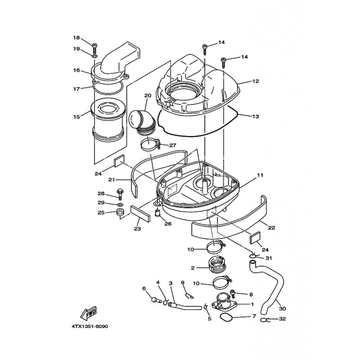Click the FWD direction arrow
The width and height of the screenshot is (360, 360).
[88, 313]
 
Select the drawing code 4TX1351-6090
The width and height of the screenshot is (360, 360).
[90, 326]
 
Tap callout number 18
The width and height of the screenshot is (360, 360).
[76, 38]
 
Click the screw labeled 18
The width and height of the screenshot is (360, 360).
[94, 48]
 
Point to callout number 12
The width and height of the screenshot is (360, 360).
[256, 81]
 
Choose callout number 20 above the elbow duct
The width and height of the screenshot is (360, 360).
[148, 95]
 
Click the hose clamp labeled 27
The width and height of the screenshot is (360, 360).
[150, 144]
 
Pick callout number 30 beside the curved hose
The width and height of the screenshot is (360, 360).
[283, 309]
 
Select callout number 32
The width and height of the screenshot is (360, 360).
[283, 319]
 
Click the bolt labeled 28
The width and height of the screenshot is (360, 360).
[120, 194]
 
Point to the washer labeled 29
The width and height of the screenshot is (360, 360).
[120, 205]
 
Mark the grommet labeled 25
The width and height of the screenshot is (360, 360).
[120, 212]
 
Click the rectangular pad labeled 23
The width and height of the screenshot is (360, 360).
[140, 213]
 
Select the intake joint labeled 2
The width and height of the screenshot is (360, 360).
[216, 265]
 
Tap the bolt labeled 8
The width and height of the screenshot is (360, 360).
[233, 294]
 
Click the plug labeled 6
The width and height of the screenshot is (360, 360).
[157, 300]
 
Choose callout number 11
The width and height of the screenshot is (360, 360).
[260, 175]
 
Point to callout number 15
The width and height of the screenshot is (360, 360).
[76, 117]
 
